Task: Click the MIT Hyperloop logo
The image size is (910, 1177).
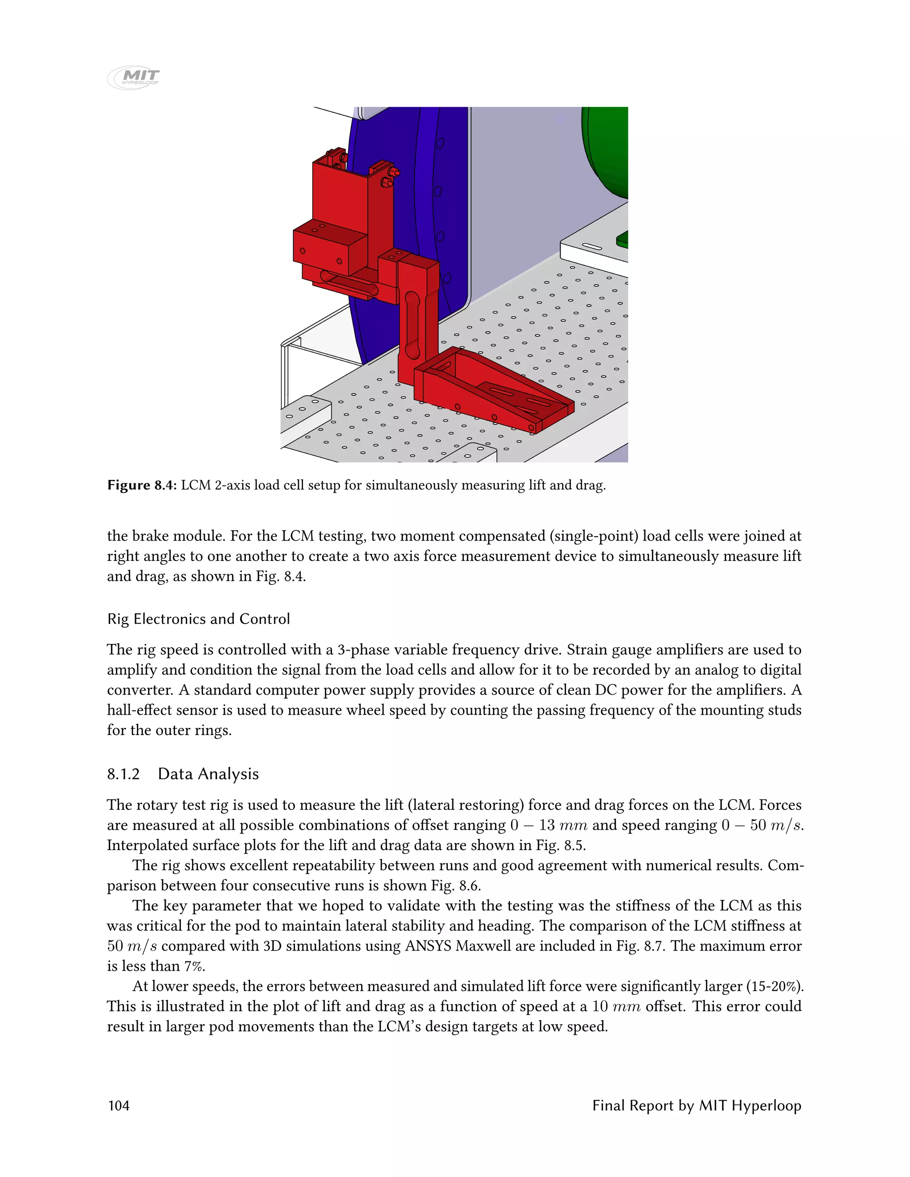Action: pyautogui.click(x=134, y=78)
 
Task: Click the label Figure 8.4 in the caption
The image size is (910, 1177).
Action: pyautogui.click(x=142, y=485)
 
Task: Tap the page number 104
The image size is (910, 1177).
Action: pyautogui.click(x=119, y=1105)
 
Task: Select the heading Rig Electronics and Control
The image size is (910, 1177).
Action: pyautogui.click(x=198, y=619)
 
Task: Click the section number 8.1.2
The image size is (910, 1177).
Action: pyautogui.click(x=124, y=774)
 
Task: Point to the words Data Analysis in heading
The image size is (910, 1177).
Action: pyautogui.click(x=208, y=774)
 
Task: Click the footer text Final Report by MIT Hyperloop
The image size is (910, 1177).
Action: pyautogui.click(x=697, y=1105)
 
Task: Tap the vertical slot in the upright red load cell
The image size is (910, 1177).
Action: pyautogui.click(x=412, y=326)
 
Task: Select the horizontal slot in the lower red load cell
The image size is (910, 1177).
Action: pyautogui.click(x=349, y=284)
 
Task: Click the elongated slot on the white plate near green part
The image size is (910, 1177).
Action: pyautogui.click(x=591, y=247)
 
